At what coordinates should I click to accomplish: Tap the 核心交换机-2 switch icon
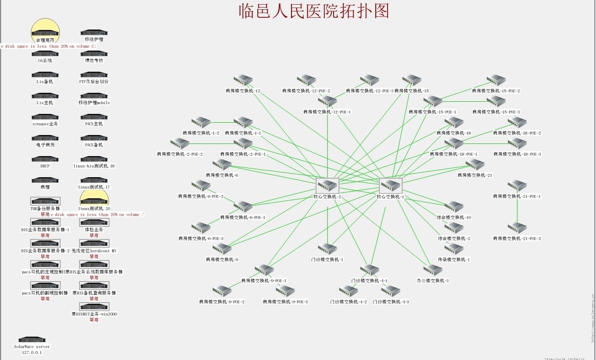click(x=328, y=186)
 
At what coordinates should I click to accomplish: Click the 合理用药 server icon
click(x=45, y=33)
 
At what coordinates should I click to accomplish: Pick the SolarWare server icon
click(x=32, y=339)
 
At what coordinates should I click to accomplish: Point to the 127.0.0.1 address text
click(x=32, y=352)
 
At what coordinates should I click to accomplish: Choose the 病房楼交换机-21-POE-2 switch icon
click(x=517, y=228)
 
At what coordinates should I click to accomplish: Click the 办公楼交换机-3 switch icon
click(x=432, y=270)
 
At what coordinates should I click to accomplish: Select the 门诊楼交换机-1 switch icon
click(x=327, y=249)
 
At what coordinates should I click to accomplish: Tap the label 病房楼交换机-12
click(x=243, y=91)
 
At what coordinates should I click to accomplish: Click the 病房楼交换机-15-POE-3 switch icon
click(x=496, y=101)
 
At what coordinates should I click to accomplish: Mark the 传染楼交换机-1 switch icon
click(x=454, y=249)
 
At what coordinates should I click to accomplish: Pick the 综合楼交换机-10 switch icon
click(x=454, y=207)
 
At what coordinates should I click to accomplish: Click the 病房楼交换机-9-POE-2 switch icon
click(x=222, y=291)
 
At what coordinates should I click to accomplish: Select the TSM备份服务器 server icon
click(x=45, y=201)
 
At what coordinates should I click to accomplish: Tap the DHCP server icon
click(x=45, y=159)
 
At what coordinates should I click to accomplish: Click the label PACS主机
click(x=94, y=124)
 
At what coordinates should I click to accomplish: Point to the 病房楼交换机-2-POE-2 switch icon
click(x=179, y=143)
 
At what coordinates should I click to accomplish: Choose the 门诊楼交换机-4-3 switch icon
click(x=390, y=291)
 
